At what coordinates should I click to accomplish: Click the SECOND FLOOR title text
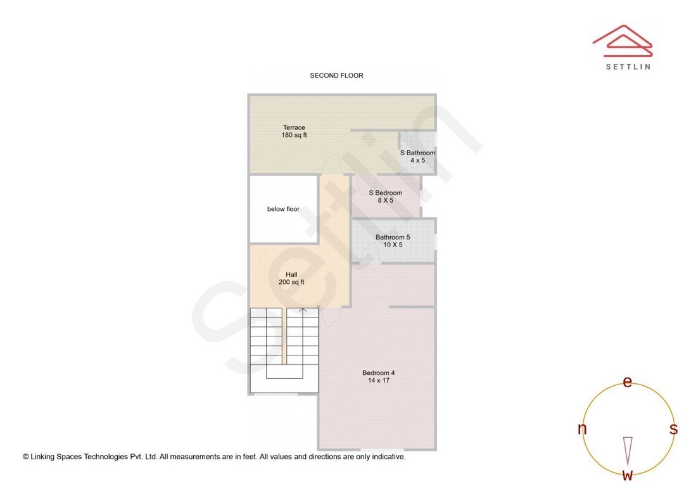(x=336, y=75)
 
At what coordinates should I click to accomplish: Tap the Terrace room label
(x=294, y=127)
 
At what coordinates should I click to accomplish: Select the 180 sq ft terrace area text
(x=294, y=135)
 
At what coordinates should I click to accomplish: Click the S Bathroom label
(x=417, y=153)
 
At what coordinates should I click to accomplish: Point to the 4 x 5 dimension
(x=417, y=160)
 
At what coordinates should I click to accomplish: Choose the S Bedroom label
(x=386, y=193)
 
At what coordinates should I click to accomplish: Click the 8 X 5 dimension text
(x=386, y=200)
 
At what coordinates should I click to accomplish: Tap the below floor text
(x=283, y=209)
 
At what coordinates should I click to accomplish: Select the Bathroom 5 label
(x=393, y=237)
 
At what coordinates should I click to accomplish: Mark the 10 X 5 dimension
(x=393, y=245)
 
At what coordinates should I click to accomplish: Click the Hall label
(x=291, y=274)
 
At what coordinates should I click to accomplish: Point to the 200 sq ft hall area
(x=291, y=282)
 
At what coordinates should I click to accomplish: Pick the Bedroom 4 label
(x=378, y=373)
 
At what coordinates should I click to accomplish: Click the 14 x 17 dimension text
(x=378, y=380)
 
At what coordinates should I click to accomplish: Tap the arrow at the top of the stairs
(x=303, y=310)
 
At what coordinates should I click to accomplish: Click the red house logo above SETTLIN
(x=622, y=41)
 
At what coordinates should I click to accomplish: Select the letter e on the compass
(x=627, y=381)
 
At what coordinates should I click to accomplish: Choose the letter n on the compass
(x=582, y=429)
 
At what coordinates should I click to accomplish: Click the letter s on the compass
(x=673, y=429)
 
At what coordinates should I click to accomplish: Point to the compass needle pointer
(x=628, y=450)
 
